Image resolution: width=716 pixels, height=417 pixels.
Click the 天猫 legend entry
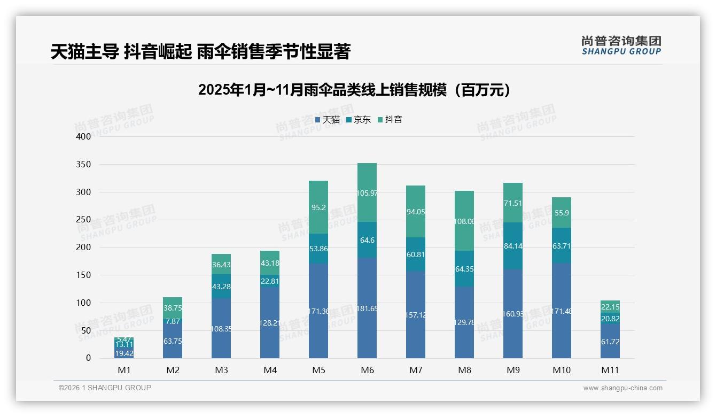pos(328,120)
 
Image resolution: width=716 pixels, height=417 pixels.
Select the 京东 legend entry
pos(359,120)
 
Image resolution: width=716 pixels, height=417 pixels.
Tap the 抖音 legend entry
pos(390,120)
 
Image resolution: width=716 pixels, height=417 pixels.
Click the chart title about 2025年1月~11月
pos(354,90)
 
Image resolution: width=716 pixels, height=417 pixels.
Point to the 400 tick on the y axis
pos(84,136)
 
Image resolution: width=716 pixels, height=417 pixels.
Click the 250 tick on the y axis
pos(84,220)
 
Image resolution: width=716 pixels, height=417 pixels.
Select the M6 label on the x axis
pos(367,370)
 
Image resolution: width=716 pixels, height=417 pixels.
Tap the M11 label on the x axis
pos(610,370)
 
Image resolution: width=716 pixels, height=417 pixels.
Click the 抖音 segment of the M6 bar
pos(367,192)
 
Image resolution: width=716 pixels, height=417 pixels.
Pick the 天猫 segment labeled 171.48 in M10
pos(562,311)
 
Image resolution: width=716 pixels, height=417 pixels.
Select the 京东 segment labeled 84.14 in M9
pos(513,246)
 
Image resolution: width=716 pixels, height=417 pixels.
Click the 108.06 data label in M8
pos(464,221)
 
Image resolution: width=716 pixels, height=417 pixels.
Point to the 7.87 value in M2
pos(173,321)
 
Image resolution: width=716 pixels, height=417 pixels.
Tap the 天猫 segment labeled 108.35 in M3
pos(221,328)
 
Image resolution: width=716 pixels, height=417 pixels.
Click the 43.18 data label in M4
pos(270,263)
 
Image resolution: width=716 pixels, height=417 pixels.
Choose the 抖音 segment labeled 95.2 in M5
pos(318,207)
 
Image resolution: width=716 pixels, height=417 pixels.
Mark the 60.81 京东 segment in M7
pos(416,254)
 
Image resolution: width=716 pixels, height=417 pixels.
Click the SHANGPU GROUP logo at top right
pos(621,45)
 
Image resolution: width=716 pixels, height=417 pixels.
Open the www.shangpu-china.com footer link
pos(622,388)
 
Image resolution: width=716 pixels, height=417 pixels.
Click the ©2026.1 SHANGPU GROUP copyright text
pos(105,388)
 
